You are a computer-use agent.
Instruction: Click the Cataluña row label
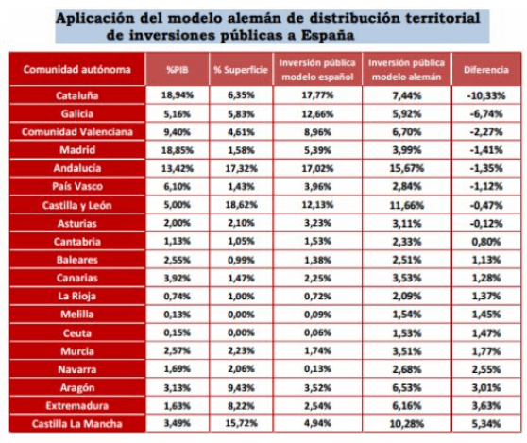point(76,95)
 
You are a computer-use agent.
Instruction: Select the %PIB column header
point(178,70)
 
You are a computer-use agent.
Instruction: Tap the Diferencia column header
point(486,70)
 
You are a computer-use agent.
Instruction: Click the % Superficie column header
point(241,70)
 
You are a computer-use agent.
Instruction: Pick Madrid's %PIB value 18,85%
point(178,150)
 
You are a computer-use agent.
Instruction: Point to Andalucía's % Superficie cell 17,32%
point(241,168)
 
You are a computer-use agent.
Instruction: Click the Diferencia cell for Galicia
point(486,113)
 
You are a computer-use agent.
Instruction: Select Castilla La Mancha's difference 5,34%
point(486,423)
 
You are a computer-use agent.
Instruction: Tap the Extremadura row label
point(76,406)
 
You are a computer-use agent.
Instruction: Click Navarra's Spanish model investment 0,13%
point(317,369)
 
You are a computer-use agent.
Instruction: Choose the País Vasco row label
point(76,186)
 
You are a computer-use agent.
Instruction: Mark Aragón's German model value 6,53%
point(407,387)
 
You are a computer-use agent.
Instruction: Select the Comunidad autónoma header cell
point(76,69)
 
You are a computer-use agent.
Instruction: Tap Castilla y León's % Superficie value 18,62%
point(241,204)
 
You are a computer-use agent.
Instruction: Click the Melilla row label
point(76,315)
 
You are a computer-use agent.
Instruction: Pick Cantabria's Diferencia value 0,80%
point(486,241)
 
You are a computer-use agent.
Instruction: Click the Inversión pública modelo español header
point(317,70)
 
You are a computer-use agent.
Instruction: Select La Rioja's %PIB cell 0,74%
point(178,296)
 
